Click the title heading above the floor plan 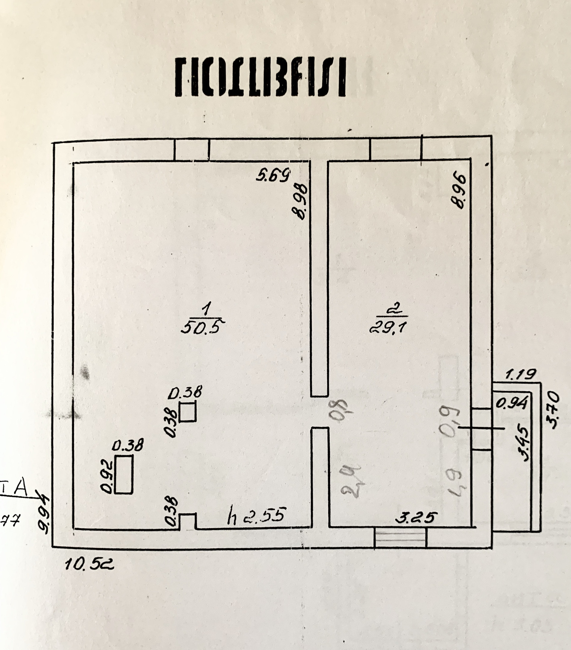(260, 78)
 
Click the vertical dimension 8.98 (300, 202)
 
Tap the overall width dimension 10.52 (89, 565)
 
